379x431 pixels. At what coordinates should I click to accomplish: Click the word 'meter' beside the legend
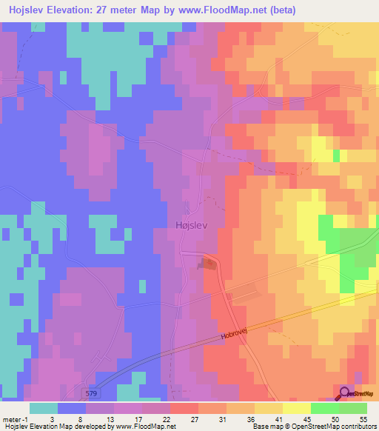[10, 420]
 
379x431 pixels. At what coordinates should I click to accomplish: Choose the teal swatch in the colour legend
[44, 408]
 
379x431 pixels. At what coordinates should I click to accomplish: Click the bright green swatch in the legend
[325, 408]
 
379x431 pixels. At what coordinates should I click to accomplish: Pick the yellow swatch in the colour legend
[297, 408]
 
